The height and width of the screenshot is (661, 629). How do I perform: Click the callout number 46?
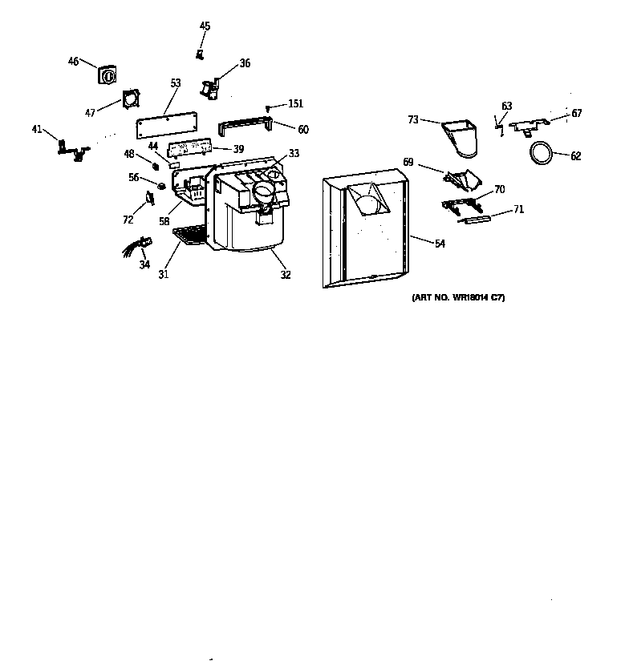[73, 61]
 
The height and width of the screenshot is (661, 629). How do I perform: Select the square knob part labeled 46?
[106, 75]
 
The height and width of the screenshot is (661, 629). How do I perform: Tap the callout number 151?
[295, 104]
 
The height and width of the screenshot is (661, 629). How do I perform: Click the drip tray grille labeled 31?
[190, 235]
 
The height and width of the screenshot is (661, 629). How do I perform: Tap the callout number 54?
[440, 244]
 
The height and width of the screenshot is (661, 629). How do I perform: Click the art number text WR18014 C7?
[458, 298]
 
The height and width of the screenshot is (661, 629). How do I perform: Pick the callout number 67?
[576, 114]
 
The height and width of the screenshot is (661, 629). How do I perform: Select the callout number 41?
[37, 128]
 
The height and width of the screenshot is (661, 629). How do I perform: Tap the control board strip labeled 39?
[189, 148]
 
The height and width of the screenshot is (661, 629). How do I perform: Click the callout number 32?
[286, 275]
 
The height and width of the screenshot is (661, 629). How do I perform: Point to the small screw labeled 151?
[271, 106]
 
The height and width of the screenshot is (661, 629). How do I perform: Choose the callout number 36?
[245, 63]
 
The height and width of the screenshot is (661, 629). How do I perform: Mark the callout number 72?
[128, 220]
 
